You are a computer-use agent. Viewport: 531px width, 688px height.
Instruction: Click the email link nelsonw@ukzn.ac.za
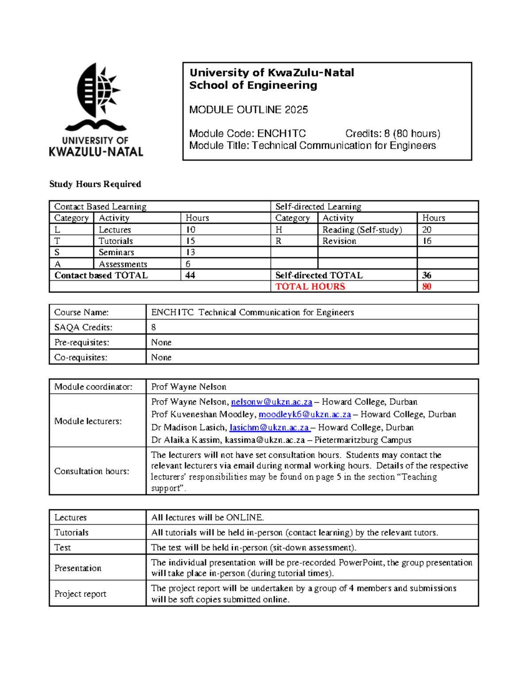click(271, 402)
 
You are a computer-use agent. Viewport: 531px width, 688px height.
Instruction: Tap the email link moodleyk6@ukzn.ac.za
click(304, 415)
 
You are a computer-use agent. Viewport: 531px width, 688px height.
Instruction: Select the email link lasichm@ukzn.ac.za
click(269, 428)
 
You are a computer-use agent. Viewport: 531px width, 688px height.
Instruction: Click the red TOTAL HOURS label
click(310, 287)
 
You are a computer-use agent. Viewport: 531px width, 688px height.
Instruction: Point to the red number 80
click(427, 287)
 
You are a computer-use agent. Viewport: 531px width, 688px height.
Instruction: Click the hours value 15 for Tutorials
click(190, 241)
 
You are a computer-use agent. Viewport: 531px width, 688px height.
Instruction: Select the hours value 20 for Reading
click(427, 229)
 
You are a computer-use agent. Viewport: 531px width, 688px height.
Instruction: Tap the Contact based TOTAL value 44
click(190, 275)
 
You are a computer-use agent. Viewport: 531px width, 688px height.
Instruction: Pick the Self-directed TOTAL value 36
click(427, 275)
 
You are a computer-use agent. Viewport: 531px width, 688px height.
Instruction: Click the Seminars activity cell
click(116, 252)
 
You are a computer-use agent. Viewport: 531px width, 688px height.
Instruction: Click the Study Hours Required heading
click(95, 184)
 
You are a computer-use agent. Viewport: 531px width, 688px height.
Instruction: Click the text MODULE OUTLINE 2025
click(248, 110)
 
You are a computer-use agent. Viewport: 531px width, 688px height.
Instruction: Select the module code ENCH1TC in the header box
click(281, 134)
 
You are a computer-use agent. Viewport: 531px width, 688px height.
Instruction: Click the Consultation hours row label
click(92, 471)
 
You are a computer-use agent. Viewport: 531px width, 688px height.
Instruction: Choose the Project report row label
click(80, 594)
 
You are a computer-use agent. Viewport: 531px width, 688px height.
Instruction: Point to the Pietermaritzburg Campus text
click(363, 440)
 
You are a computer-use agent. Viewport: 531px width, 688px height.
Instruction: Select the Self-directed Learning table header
click(318, 206)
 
